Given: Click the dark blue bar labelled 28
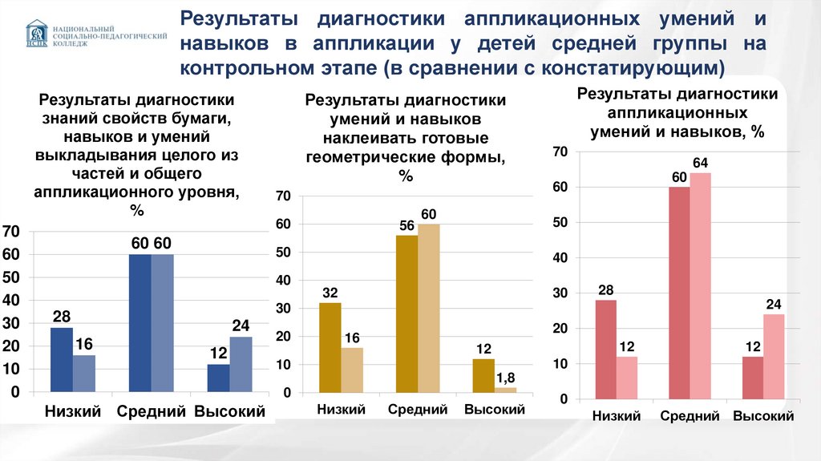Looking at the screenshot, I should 62,360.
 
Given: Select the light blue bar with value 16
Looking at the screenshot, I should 83,374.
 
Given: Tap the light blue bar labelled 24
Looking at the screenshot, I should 241,365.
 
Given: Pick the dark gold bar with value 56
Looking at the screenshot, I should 406,313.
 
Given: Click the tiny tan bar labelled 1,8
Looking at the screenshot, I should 505,390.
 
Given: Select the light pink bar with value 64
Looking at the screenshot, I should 700,285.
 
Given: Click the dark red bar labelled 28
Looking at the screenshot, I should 606,349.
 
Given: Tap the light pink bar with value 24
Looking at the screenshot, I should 774,356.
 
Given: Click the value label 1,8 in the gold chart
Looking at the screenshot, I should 505,377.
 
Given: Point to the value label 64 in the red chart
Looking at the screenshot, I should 700,164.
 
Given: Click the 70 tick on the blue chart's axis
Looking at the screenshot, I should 11,232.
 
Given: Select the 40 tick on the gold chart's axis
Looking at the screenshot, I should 282,281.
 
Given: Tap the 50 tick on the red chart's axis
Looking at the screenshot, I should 560,222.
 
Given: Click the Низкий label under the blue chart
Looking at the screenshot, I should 73,412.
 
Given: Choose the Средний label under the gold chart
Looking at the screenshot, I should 417,410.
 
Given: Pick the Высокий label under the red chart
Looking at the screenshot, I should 763,416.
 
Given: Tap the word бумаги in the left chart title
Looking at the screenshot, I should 198,118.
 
